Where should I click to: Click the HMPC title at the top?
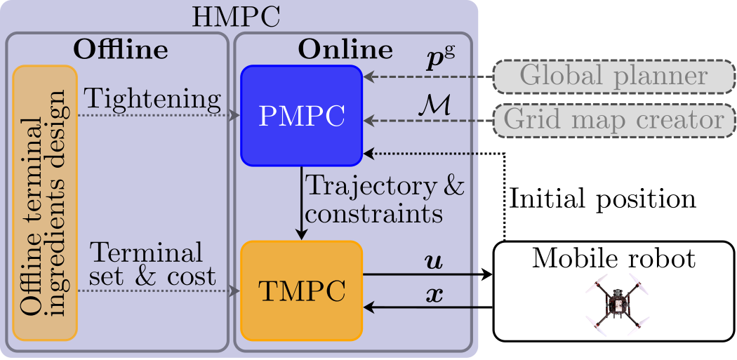click(x=236, y=18)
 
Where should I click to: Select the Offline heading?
click(x=120, y=49)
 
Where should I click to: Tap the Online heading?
click(x=345, y=49)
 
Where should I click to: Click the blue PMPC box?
click(x=301, y=116)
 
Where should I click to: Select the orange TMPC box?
click(x=301, y=291)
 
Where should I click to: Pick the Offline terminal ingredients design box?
click(x=45, y=203)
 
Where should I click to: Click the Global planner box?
click(x=614, y=76)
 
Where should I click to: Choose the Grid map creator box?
click(x=614, y=120)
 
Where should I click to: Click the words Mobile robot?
click(x=614, y=259)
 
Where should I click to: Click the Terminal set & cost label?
click(x=152, y=265)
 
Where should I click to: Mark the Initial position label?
click(x=602, y=199)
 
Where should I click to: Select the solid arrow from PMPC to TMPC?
click(x=301, y=203)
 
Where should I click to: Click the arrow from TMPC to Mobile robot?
click(x=427, y=275)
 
